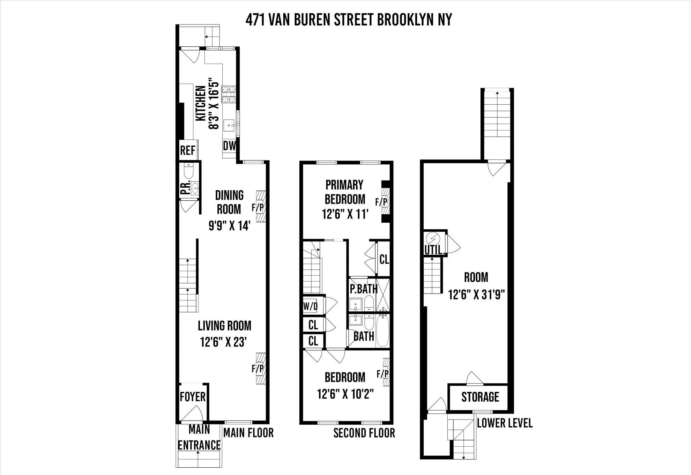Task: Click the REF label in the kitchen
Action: pyautogui.click(x=187, y=150)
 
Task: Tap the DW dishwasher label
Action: pyautogui.click(x=229, y=146)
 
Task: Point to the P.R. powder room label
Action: pyautogui.click(x=185, y=187)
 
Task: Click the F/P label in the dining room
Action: pyautogui.click(x=258, y=208)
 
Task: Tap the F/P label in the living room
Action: pyautogui.click(x=258, y=369)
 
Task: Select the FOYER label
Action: pyautogui.click(x=193, y=397)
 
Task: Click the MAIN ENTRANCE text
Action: pyautogui.click(x=199, y=437)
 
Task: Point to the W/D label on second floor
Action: pyautogui.click(x=310, y=306)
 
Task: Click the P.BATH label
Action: pyautogui.click(x=364, y=289)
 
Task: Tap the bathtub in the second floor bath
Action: pyautogui.click(x=382, y=329)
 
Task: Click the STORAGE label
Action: pyautogui.click(x=480, y=397)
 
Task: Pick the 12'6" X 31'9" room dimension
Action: pyautogui.click(x=477, y=295)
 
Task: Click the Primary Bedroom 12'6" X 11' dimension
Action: pyautogui.click(x=345, y=214)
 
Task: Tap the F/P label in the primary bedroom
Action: pyautogui.click(x=381, y=202)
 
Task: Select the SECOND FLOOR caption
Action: pyautogui.click(x=364, y=433)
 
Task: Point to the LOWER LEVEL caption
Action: pyautogui.click(x=505, y=423)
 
